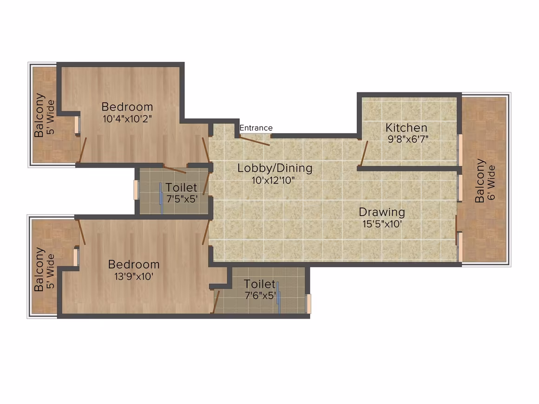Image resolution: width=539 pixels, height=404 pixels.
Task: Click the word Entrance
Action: (x=256, y=128)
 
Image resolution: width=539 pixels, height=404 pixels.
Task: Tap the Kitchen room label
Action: (x=406, y=128)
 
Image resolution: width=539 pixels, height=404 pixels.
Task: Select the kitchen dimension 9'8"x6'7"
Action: (x=408, y=139)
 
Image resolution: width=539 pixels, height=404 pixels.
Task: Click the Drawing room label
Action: (x=382, y=212)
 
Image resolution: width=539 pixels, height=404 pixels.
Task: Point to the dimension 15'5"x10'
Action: (x=382, y=224)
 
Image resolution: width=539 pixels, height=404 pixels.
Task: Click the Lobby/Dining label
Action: (x=275, y=168)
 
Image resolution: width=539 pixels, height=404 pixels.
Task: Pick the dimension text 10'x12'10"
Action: (x=273, y=180)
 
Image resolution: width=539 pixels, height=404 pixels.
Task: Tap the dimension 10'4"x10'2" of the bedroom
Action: (x=127, y=119)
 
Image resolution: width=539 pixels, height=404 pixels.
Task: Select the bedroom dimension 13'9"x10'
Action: (x=134, y=276)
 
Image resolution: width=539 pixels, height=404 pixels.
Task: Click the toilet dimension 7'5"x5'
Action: (x=182, y=199)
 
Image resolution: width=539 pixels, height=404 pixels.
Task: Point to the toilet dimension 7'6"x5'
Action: (x=261, y=295)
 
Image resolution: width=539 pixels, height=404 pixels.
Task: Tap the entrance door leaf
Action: (x=255, y=141)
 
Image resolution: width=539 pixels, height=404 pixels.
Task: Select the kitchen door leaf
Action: (x=364, y=153)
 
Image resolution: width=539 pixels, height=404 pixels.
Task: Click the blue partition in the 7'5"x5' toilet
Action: (x=160, y=199)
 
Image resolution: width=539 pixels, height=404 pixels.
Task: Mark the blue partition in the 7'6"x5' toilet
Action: (x=278, y=298)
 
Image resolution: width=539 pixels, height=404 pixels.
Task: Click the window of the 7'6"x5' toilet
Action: (x=309, y=303)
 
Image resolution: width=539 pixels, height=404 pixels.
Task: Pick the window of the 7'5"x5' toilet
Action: (x=136, y=189)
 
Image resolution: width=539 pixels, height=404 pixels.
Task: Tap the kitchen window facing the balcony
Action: (x=460, y=150)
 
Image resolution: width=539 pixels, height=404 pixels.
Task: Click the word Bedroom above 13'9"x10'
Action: (x=134, y=265)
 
